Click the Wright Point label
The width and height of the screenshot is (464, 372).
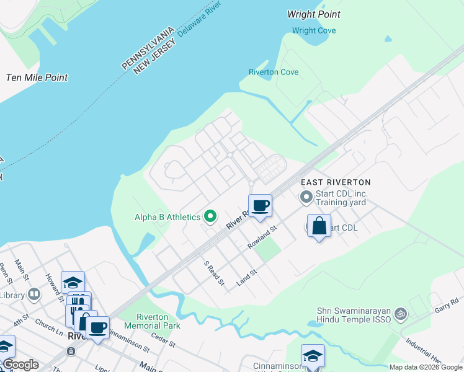315,14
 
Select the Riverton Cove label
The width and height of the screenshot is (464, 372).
274,73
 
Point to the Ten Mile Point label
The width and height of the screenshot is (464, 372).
37,77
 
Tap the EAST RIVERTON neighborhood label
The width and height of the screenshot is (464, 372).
336,182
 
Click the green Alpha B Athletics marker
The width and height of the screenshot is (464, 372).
210,216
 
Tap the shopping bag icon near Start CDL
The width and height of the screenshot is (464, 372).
319,226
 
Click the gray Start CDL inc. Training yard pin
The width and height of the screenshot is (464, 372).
306,197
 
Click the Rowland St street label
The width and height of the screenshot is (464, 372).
261,237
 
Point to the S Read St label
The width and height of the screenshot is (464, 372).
214,273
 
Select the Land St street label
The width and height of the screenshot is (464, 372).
247,277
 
